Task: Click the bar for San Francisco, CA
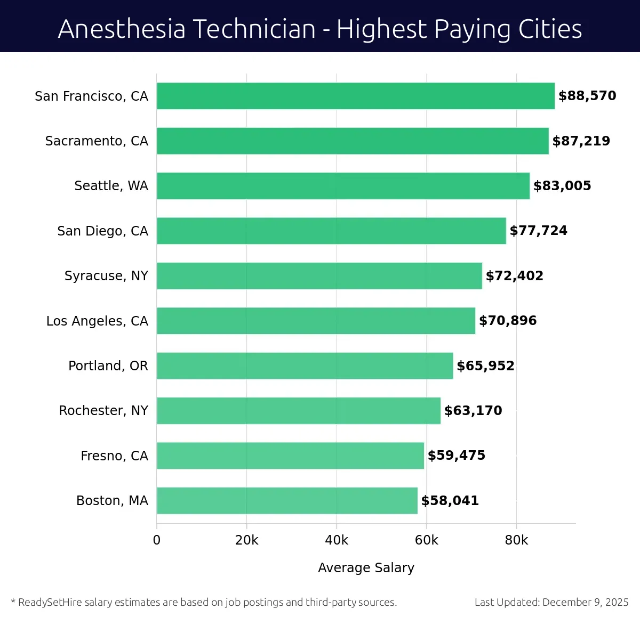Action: tap(355, 96)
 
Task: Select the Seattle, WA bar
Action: tap(343, 186)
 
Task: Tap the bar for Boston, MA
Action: tap(287, 500)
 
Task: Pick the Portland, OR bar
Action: tap(305, 366)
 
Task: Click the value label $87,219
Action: tap(581, 141)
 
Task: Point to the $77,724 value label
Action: tap(538, 231)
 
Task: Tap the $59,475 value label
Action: tap(456, 456)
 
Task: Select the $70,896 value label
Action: tap(508, 321)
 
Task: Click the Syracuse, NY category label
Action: tap(106, 276)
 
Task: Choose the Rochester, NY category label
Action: tap(103, 411)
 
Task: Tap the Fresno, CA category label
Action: tap(114, 456)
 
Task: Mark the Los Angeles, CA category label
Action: tap(97, 321)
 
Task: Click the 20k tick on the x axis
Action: tap(246, 540)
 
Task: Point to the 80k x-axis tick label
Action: tap(516, 540)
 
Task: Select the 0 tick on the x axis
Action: tap(157, 540)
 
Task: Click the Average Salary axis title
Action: tap(366, 568)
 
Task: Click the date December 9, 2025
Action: tap(585, 603)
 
